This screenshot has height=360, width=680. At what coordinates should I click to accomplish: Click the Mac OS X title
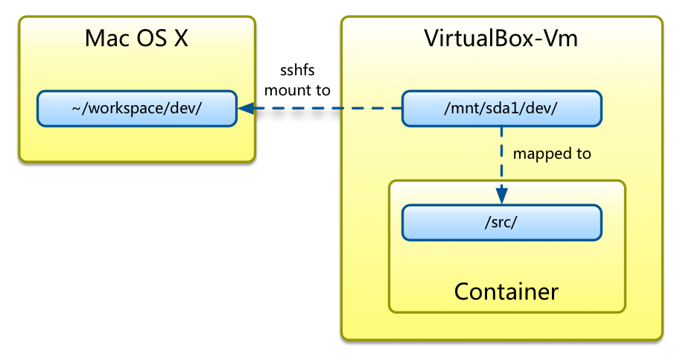coord(136,38)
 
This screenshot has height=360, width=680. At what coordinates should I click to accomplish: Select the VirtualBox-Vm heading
coord(501,38)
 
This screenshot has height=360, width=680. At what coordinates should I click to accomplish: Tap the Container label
coord(506,291)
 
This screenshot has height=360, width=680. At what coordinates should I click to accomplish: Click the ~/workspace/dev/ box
coord(137,108)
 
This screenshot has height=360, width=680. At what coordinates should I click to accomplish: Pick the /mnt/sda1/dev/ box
coord(501,108)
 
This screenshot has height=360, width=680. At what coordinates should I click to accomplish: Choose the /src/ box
coord(501,222)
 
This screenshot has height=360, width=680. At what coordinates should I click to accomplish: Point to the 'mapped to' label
coord(552,154)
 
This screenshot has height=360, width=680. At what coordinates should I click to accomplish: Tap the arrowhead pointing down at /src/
coord(501,197)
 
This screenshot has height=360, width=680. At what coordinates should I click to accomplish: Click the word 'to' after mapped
coord(583,154)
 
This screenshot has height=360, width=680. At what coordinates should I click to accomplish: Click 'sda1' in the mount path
coord(498,108)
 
